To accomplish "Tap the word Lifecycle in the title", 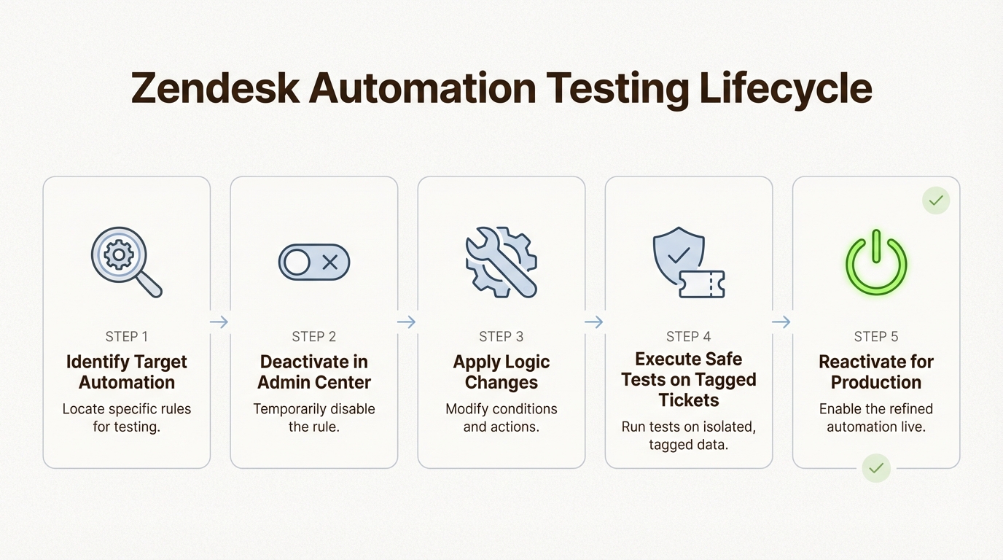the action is coord(785,88).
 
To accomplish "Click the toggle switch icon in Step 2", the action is coord(314,262).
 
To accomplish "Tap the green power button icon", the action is coord(875,263).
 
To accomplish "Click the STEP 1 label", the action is coord(127,336).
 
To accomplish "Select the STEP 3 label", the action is coord(501,336).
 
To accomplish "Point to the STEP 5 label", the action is coord(876,336).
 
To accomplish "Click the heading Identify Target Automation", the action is coord(127,372).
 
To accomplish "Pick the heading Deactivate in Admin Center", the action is coord(314,372).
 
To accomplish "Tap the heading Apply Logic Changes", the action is coord(501,372).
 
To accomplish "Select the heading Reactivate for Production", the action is coord(876,372).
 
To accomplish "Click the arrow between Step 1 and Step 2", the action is coord(219,322).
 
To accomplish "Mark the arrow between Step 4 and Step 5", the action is coord(781,322).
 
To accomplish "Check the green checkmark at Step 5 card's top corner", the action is coord(936,200).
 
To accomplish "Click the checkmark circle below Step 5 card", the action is coord(875,467).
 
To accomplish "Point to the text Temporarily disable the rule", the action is coord(314,417).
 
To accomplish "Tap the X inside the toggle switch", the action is coord(330,262).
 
